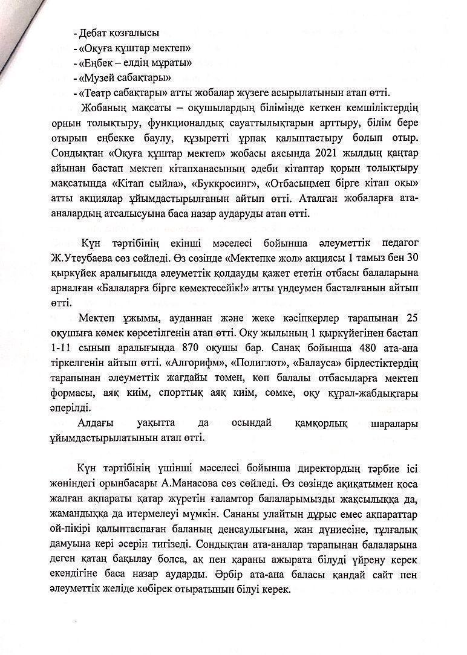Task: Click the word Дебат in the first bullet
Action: click(x=91, y=33)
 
